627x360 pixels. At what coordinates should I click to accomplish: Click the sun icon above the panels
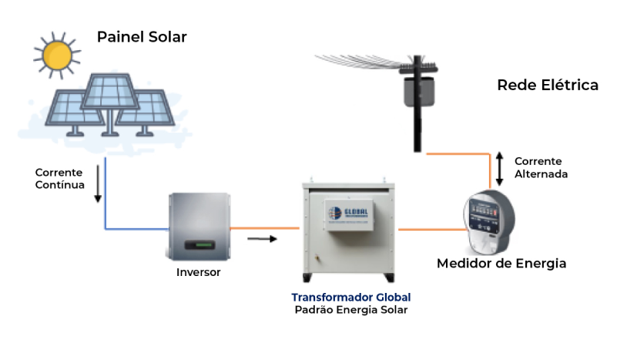coord(57,54)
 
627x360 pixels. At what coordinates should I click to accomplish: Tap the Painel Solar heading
coord(142,37)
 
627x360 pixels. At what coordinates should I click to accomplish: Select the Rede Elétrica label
coord(548,85)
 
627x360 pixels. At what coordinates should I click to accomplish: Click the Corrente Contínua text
coord(59,178)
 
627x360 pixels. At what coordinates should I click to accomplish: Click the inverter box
coord(199,226)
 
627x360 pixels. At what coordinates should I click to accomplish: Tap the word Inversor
coord(199,272)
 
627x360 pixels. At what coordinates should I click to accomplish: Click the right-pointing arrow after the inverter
coord(261,239)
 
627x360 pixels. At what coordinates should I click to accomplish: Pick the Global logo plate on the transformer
coord(349,215)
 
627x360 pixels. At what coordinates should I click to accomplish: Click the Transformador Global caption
coord(350,297)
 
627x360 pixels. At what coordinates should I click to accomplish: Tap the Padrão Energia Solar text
coord(350,310)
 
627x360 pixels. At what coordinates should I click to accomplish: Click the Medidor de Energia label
coord(501,264)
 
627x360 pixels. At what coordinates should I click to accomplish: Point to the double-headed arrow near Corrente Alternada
coord(499,168)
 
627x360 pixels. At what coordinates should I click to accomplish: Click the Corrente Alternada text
coord(541,168)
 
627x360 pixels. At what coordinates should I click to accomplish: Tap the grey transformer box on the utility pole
coord(417,90)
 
